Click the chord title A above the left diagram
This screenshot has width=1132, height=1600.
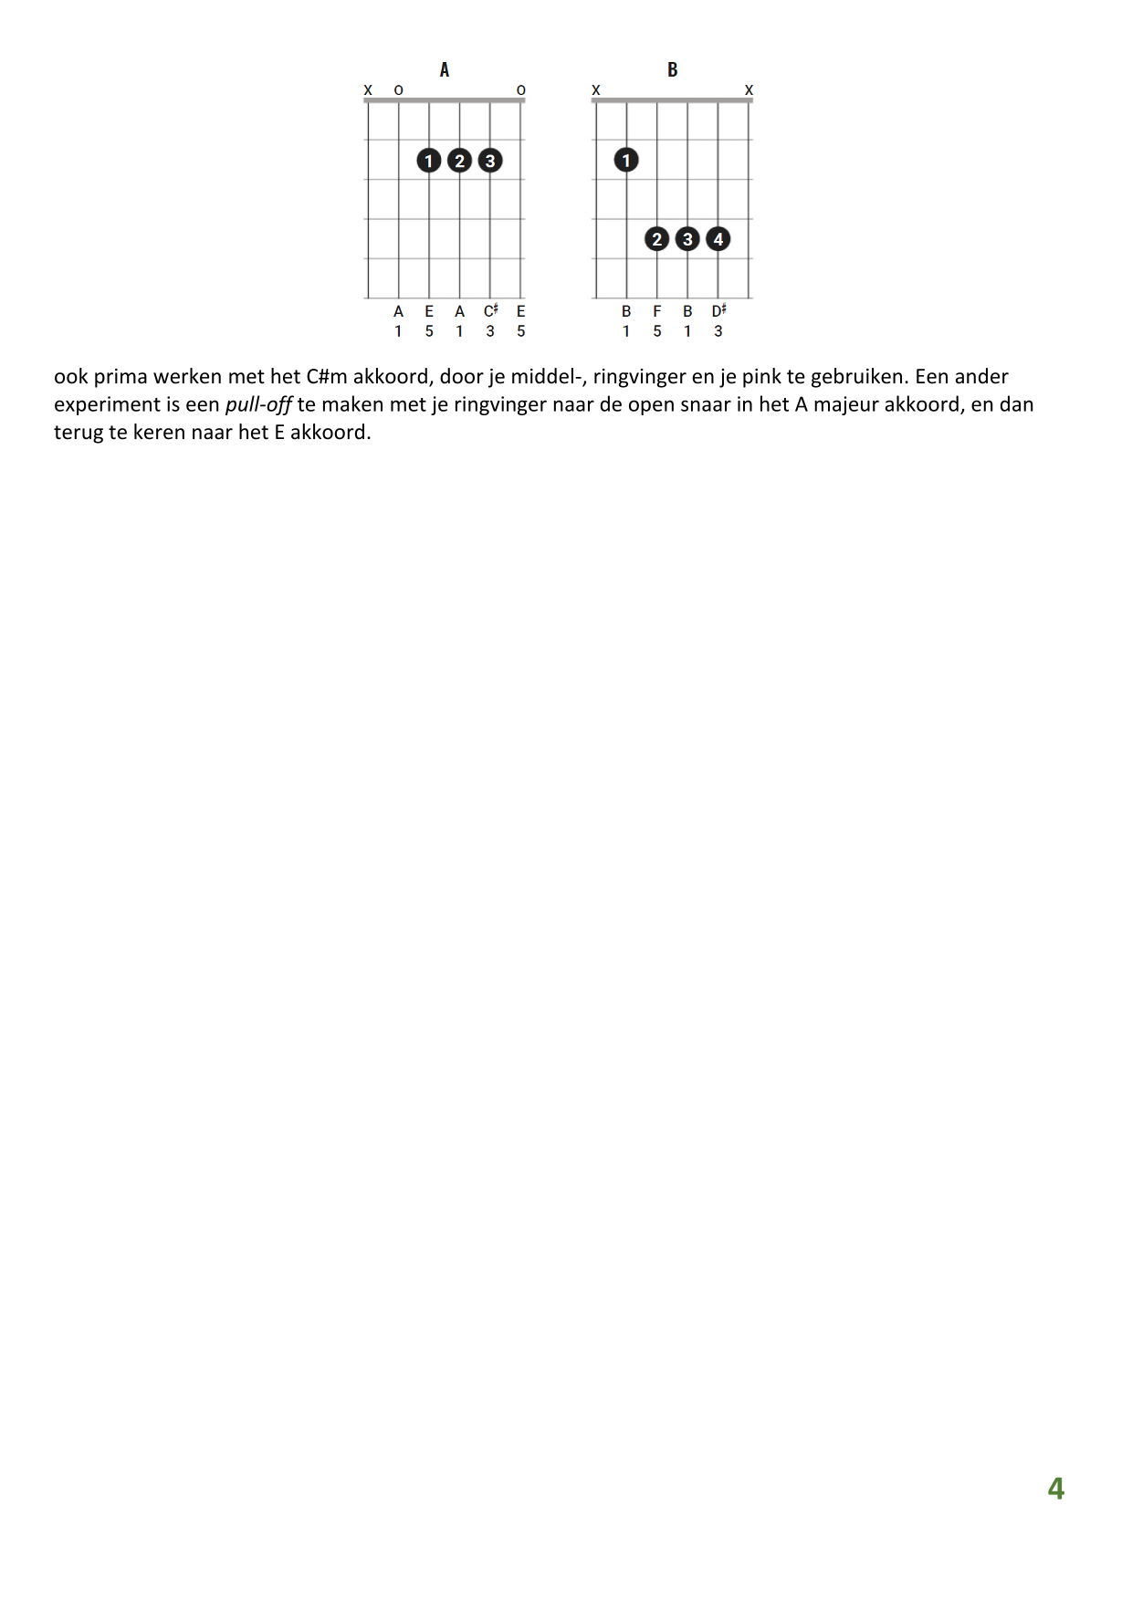click(x=444, y=69)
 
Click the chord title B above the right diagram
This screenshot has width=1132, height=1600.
click(x=672, y=69)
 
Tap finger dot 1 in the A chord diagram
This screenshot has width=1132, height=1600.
click(x=429, y=161)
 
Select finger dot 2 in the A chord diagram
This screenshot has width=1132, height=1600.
click(x=459, y=161)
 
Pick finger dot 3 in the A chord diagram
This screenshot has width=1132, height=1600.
click(x=490, y=161)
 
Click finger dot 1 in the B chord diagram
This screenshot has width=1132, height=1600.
click(x=626, y=161)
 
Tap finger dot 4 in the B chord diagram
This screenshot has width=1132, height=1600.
click(x=718, y=239)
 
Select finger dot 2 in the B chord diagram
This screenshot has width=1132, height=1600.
click(x=657, y=239)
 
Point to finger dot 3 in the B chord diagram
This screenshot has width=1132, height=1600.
click(x=687, y=239)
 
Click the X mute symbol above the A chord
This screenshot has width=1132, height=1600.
click(x=368, y=90)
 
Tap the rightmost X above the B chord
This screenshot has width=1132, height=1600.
click(x=749, y=90)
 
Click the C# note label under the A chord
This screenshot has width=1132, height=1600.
click(x=490, y=311)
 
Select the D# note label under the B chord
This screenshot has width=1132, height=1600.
click(x=718, y=311)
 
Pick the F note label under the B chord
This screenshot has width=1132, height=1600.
click(x=657, y=311)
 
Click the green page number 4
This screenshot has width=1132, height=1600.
click(x=1055, y=1489)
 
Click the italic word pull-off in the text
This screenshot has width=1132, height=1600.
click(x=258, y=404)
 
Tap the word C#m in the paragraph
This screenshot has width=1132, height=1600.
click(x=327, y=377)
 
